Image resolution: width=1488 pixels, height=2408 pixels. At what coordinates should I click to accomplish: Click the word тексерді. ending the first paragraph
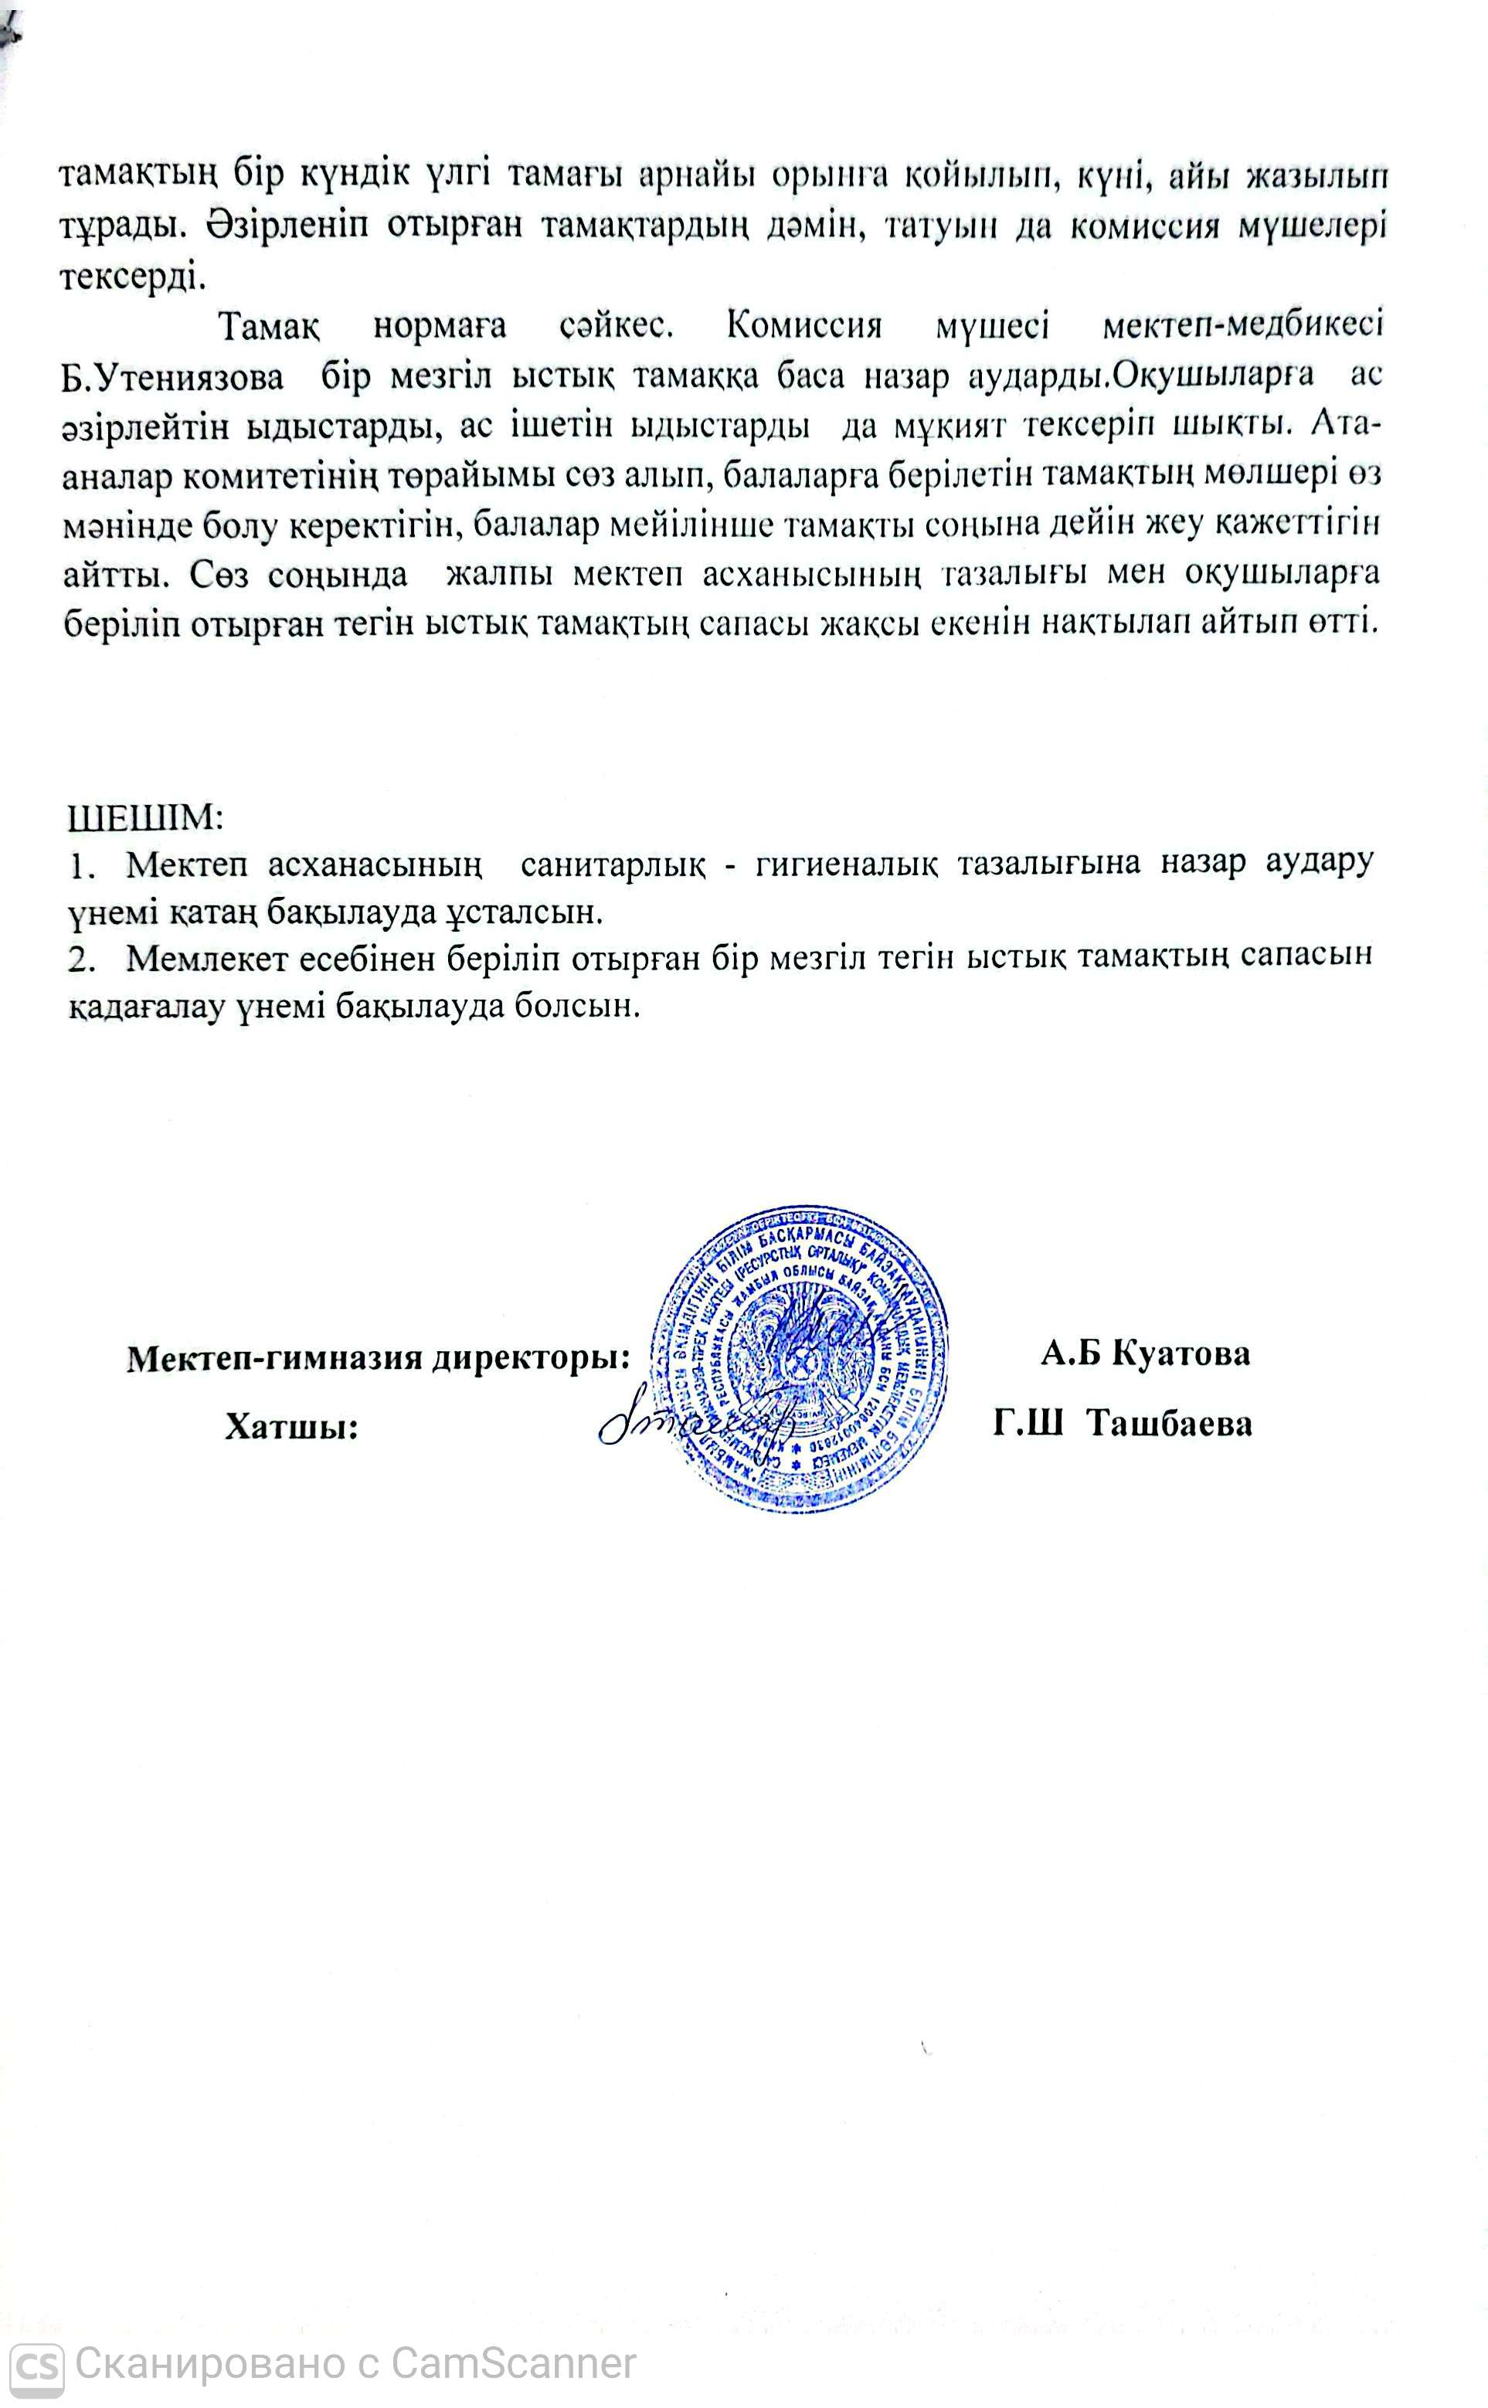point(135,273)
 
